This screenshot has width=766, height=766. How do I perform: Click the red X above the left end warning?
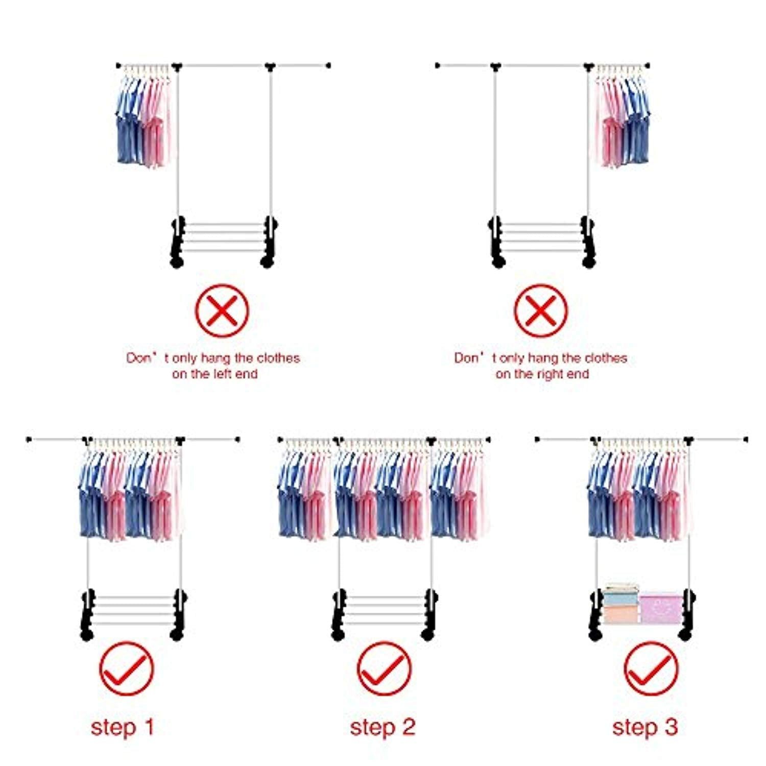tap(222, 310)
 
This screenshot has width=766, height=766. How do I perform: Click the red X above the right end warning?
tap(540, 310)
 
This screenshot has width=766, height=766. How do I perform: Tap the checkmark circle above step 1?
tap(126, 668)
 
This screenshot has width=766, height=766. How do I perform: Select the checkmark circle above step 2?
tap(384, 668)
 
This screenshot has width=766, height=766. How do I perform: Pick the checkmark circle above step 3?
tap(651, 668)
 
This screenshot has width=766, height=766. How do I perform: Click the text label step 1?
tap(123, 727)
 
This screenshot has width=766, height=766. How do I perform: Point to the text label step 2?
tap(382, 727)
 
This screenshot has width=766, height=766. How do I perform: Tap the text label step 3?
tap(645, 727)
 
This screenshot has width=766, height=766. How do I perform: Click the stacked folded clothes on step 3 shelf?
tap(620, 604)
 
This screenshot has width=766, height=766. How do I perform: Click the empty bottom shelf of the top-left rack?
tap(224, 237)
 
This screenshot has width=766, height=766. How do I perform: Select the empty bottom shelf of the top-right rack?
tap(541, 237)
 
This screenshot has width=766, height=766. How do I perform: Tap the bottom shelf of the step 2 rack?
tap(384, 610)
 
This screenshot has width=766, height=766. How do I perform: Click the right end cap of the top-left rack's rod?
tap(328, 65)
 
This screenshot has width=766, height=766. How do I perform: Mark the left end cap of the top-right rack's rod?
tap(438, 65)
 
